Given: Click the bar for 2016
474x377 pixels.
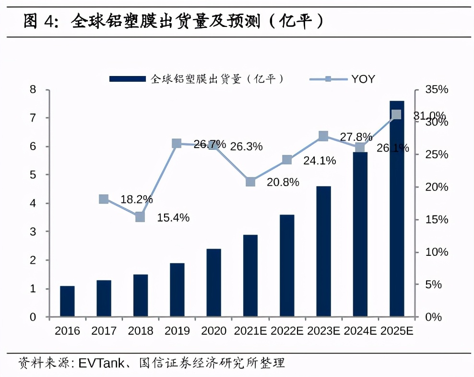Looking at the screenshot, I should click(x=67, y=302).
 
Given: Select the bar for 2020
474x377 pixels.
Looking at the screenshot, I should click(x=213, y=283).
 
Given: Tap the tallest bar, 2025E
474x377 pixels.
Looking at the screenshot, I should click(x=397, y=209).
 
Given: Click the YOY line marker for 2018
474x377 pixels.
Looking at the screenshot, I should click(x=140, y=217).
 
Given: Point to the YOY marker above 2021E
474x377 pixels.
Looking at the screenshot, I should click(x=250, y=182).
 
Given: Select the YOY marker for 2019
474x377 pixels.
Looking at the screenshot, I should click(x=177, y=143).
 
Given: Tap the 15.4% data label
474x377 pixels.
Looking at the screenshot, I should click(x=173, y=218).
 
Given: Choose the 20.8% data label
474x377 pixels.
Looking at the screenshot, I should click(x=283, y=182).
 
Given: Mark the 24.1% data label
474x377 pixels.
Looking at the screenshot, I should click(x=320, y=161).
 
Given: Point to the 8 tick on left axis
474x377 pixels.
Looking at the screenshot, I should click(x=33, y=89).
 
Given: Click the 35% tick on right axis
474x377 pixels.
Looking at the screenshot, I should click(x=436, y=89).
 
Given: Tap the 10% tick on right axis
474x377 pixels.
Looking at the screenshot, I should click(x=436, y=252).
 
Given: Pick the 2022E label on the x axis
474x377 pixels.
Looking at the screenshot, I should click(x=287, y=331).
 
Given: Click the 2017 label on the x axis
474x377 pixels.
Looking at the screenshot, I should click(x=104, y=331).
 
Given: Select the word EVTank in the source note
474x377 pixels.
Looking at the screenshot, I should click(x=98, y=362).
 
